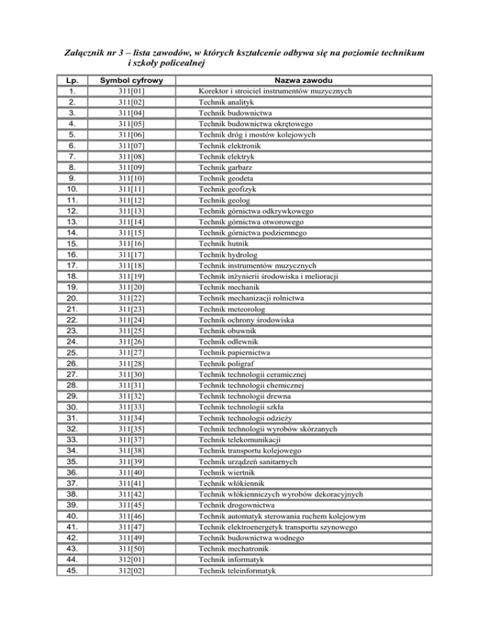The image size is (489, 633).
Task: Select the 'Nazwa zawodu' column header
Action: pos(311,81)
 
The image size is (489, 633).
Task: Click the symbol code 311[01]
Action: pos(132,91)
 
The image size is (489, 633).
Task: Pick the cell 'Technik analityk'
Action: pos(227,102)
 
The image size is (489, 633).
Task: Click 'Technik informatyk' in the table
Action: pos(232,560)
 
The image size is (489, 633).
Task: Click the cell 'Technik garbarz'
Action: pos(226,167)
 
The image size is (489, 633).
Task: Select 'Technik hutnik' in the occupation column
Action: pos(222,244)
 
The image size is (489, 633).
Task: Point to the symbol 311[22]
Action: pos(132,298)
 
